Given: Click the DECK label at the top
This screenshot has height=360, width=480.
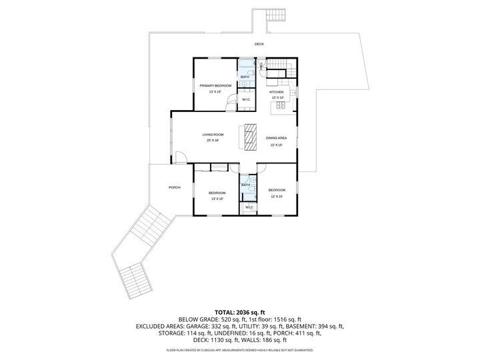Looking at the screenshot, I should click(259, 44).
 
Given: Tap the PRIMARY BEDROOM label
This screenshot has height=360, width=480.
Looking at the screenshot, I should click(215, 86).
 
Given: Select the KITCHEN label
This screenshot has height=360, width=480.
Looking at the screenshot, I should click(277, 92).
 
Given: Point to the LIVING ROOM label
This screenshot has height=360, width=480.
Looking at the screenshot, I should click(213, 135).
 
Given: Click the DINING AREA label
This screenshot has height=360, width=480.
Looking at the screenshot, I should click(276, 138).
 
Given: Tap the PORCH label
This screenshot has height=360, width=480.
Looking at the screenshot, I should click(175, 187).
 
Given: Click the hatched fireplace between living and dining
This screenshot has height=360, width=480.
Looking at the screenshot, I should click(251, 137).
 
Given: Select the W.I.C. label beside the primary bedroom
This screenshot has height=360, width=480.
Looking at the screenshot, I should click(246, 100).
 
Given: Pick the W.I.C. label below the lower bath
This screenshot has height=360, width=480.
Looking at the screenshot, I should click(249, 207).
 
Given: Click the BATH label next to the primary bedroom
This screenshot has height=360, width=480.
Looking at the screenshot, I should click(245, 77).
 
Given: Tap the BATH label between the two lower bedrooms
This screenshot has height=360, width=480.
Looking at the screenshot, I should click(245, 185).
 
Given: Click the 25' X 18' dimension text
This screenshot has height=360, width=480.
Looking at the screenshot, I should click(213, 141).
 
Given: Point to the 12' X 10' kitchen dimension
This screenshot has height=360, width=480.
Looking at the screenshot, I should click(277, 97).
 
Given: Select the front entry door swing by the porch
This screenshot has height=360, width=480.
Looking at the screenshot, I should click(181, 159).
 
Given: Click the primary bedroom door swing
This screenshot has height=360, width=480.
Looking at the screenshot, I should click(231, 103).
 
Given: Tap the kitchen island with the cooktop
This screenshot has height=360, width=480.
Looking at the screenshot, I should click(276, 105).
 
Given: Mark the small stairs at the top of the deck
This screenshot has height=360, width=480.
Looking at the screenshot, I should click(275, 16).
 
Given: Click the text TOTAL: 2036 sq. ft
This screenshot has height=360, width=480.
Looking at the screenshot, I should click(239, 311).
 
